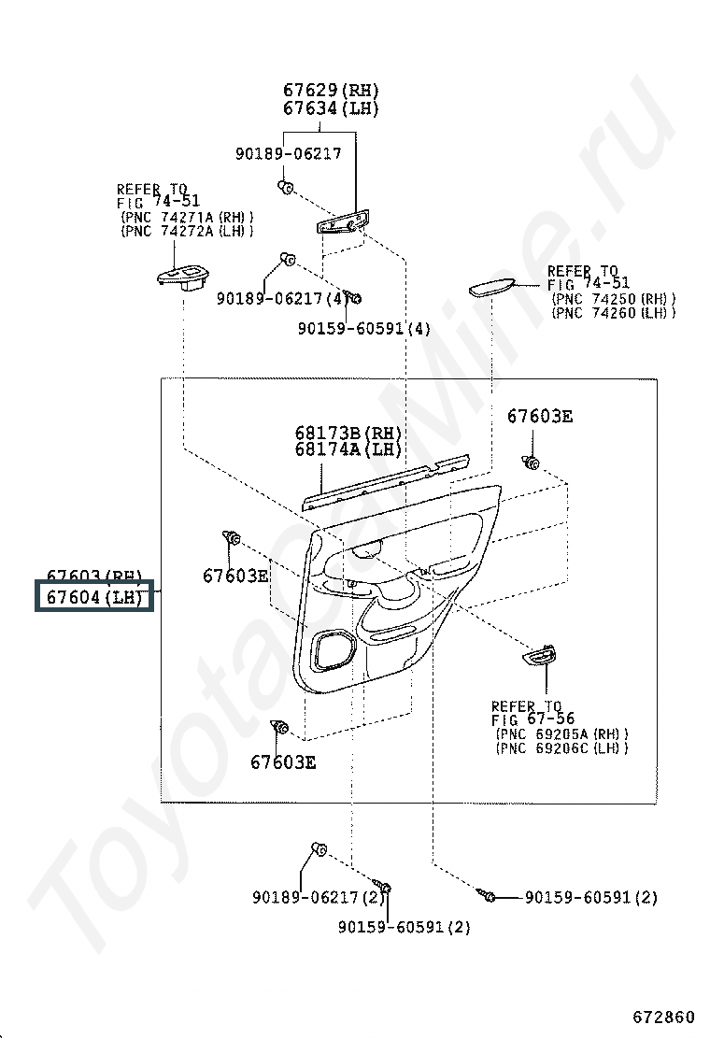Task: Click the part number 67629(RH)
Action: [332, 91]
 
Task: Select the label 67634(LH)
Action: [332, 108]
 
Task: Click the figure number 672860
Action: [663, 1016]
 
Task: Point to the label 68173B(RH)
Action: [348, 433]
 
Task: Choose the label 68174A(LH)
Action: [348, 449]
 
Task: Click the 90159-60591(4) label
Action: [364, 329]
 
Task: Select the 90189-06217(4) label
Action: [279, 299]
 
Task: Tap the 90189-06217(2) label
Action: [318, 897]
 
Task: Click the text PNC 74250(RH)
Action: [614, 299]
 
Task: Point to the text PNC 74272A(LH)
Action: [187, 231]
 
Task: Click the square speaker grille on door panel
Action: [333, 650]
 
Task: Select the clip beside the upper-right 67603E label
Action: [532, 462]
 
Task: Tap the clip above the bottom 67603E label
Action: [279, 727]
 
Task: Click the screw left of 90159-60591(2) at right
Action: [489, 896]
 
